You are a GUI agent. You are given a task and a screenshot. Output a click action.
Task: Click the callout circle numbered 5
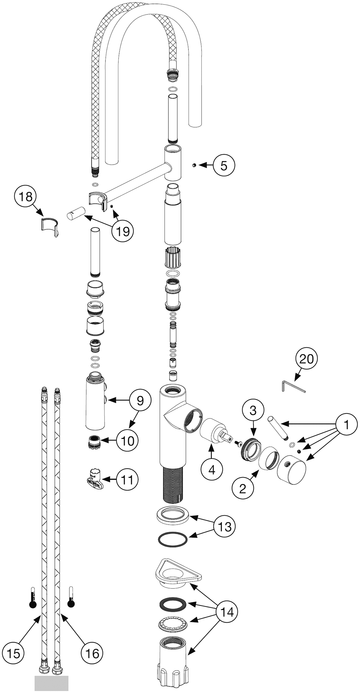tap(224, 165)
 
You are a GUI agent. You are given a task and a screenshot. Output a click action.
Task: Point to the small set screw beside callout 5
tap(194, 165)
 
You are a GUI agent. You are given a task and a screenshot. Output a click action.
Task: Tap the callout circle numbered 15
tap(13, 653)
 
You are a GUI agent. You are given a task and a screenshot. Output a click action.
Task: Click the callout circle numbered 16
tap(92, 653)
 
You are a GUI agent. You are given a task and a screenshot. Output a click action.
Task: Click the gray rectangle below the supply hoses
tap(51, 682)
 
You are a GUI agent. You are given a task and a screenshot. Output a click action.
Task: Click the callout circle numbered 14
tap(227, 612)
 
